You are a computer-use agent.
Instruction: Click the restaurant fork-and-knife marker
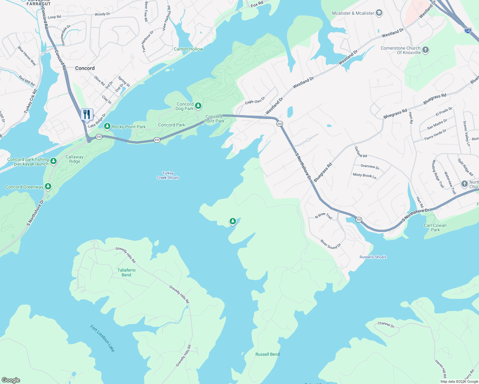(87, 114)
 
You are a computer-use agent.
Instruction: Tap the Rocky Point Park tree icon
(107, 127)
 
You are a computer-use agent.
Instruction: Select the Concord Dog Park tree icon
(198, 106)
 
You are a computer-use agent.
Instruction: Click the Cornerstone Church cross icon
(426, 50)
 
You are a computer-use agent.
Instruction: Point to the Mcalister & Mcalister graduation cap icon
(379, 13)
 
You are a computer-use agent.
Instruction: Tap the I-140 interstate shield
(468, 31)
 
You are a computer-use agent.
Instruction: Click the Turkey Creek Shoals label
(168, 175)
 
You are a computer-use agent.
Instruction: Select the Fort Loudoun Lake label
(102, 338)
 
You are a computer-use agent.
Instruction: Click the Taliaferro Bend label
(126, 272)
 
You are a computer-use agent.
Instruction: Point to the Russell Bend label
(267, 354)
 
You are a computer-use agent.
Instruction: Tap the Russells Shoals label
(373, 257)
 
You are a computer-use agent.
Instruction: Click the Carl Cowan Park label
(435, 228)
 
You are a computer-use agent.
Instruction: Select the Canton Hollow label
(188, 49)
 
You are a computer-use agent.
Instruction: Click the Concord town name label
(85, 68)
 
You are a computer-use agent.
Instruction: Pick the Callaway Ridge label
(75, 159)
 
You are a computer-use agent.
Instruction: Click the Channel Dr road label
(386, 324)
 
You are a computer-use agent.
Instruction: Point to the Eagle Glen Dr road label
(255, 100)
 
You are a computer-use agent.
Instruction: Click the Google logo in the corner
(11, 380)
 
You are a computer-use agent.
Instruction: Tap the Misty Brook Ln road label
(364, 175)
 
